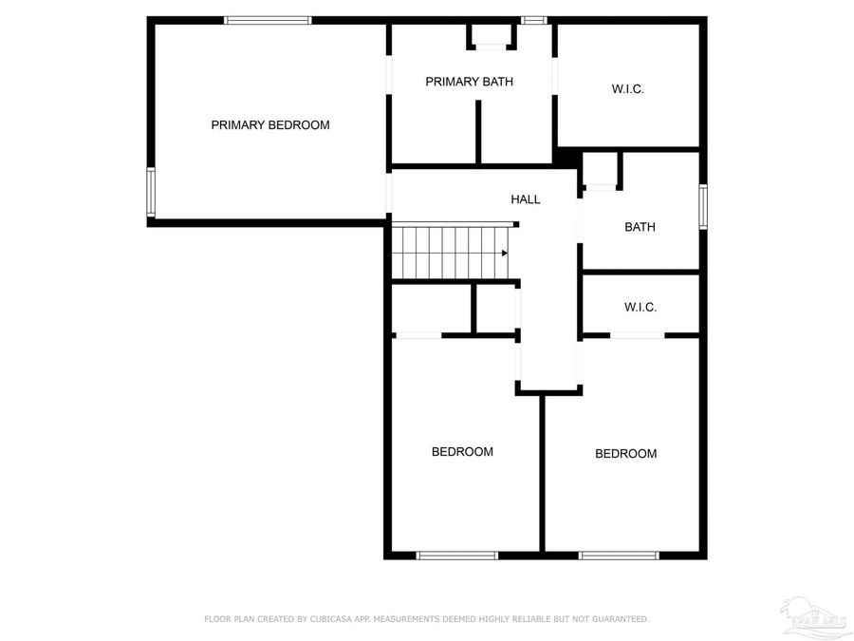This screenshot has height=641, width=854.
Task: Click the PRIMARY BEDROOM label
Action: pyautogui.click(x=269, y=124)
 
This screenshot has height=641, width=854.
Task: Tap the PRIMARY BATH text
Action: pyautogui.click(x=469, y=82)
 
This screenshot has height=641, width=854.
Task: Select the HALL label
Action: pyautogui.click(x=525, y=199)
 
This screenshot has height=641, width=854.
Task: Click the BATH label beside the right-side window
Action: pyautogui.click(x=640, y=227)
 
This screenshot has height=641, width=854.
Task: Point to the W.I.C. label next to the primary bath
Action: pyautogui.click(x=627, y=89)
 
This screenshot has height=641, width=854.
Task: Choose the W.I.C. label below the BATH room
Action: pyautogui.click(x=640, y=307)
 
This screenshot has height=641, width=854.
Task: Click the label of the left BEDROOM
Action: pyautogui.click(x=462, y=451)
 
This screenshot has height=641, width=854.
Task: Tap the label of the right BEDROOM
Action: pyautogui.click(x=625, y=453)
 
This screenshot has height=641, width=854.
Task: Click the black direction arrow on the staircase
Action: pyautogui.click(x=504, y=253)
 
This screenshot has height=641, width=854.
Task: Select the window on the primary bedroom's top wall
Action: pyautogui.click(x=268, y=20)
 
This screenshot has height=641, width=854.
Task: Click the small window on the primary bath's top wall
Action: pyautogui.click(x=534, y=20)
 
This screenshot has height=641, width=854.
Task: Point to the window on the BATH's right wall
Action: pyautogui.click(x=703, y=206)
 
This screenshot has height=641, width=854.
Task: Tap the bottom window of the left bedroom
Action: pyautogui.click(x=457, y=555)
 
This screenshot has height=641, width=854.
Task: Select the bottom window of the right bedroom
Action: pyautogui.click(x=619, y=555)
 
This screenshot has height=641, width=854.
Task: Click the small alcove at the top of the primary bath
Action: pyautogui.click(x=492, y=36)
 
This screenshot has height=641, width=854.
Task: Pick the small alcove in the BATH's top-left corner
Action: pyautogui.click(x=600, y=170)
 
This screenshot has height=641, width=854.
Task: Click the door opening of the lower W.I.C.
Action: pyautogui.click(x=637, y=335)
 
